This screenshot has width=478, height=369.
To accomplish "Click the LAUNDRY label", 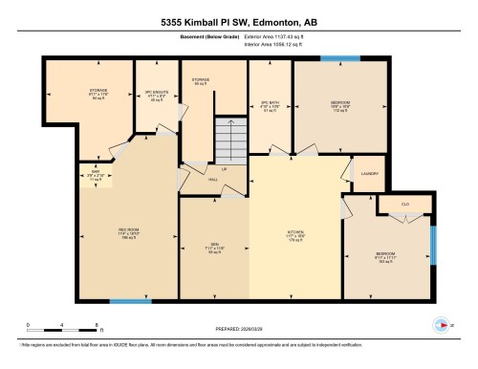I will pos(369,173).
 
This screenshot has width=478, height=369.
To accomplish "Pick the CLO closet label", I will pos(406,204).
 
